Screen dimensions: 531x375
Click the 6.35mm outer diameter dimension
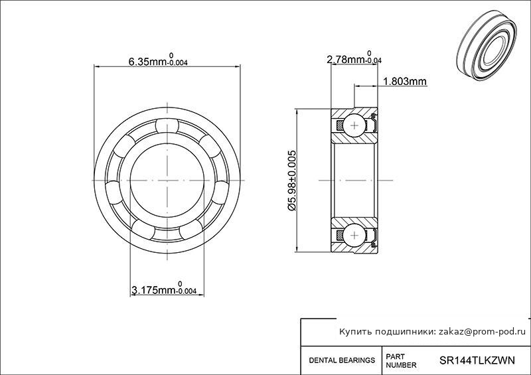tap(158, 60)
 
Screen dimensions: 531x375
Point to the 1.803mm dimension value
tap(405, 82)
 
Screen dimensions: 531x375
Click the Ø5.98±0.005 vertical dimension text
tap(292, 181)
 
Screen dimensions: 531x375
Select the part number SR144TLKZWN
tap(477, 360)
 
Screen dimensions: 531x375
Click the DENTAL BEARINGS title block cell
tap(342, 360)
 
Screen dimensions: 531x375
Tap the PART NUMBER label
tap(401, 361)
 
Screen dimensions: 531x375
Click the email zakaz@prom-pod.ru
tap(483, 332)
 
